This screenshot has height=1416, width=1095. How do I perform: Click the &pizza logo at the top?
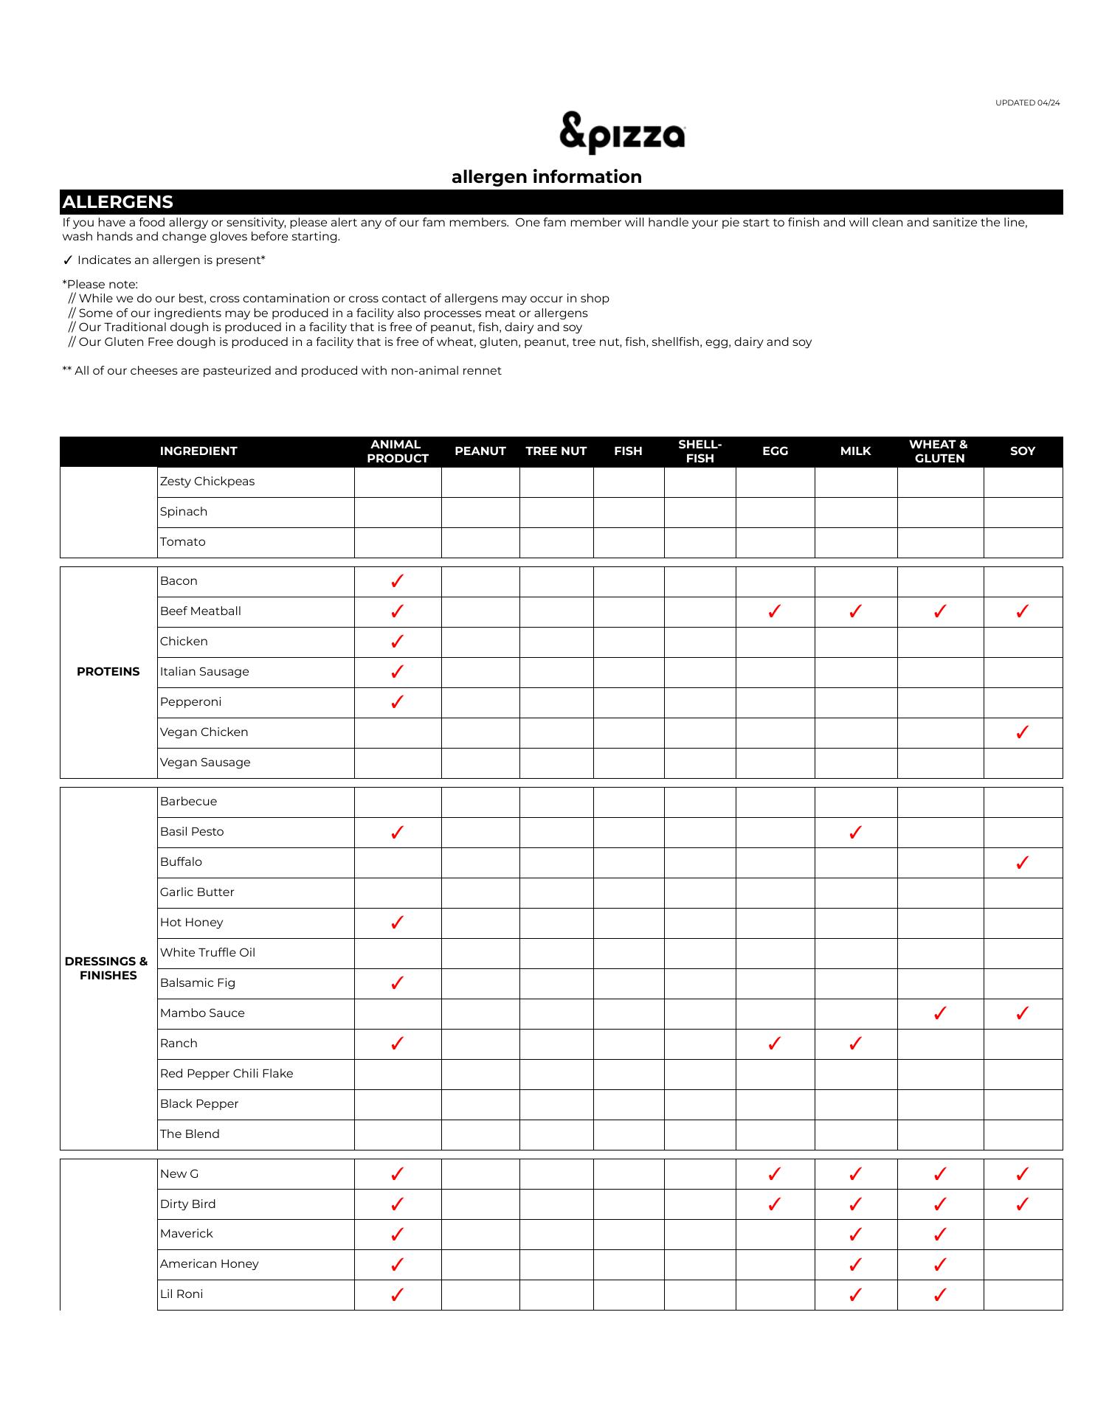point(622,133)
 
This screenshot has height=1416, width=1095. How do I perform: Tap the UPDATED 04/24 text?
point(1027,103)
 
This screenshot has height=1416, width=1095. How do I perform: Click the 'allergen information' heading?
point(546,177)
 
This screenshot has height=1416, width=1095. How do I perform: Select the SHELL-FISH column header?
point(700,451)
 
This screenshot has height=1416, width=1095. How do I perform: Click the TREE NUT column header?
point(556,451)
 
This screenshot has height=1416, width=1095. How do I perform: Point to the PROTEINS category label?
point(108,672)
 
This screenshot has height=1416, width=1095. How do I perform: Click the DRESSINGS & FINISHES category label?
point(108,968)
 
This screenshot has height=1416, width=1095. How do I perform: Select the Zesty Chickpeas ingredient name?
point(207,482)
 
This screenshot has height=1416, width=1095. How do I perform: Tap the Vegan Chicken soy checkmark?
point(1022,732)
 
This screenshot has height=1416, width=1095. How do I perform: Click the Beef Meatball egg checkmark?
point(774,611)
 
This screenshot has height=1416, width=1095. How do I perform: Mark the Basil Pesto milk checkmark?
point(855,833)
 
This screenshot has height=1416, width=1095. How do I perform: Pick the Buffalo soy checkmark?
point(1022,863)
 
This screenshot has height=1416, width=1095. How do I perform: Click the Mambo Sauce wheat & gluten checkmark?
point(939,1013)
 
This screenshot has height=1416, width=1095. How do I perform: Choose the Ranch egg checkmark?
point(774,1044)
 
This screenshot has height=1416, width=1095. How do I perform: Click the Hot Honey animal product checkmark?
point(397,923)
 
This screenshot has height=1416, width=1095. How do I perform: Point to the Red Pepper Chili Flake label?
point(227,1074)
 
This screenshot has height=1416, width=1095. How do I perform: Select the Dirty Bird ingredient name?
point(188,1204)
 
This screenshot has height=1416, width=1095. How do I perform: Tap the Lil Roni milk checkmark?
point(855,1295)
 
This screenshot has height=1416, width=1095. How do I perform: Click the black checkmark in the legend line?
point(68,260)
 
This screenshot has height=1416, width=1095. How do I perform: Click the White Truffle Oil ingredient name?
point(207,953)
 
